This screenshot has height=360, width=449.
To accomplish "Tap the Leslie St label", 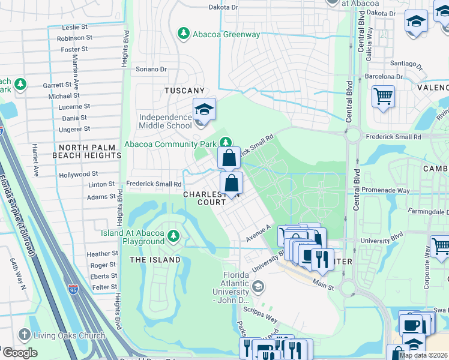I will [76, 28].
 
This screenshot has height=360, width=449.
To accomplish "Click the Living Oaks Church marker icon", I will [25, 335].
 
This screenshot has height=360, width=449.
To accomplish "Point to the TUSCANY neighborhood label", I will [185, 91].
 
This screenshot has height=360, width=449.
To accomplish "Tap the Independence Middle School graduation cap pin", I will [204, 109].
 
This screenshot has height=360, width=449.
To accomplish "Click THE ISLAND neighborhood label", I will [155, 260].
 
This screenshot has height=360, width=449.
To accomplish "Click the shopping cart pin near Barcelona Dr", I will [383, 96].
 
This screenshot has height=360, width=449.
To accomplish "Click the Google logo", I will [20, 353].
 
